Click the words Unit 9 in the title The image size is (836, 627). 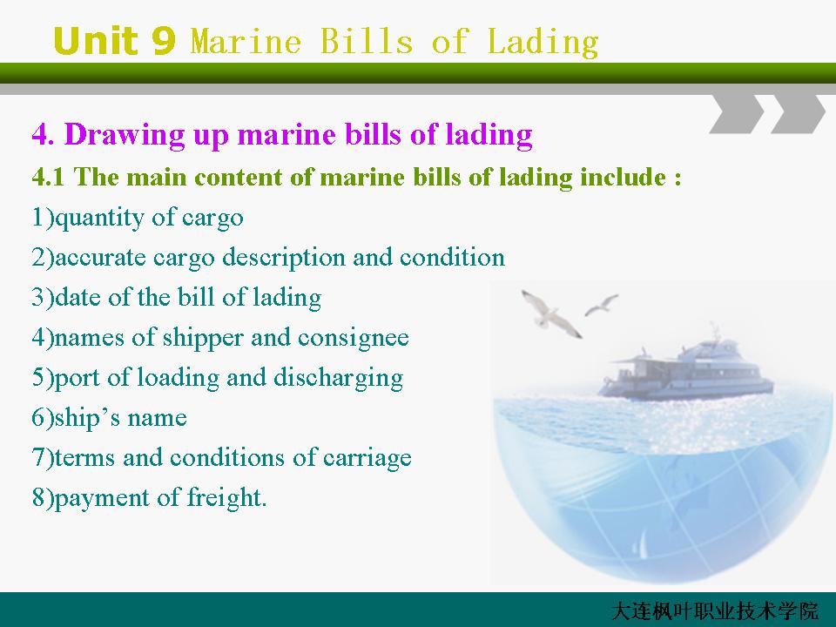point(114,41)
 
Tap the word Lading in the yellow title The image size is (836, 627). point(543,43)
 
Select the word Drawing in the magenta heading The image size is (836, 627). point(125,135)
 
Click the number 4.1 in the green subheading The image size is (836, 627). point(48,177)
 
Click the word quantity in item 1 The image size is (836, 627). point(99,218)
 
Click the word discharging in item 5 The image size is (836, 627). point(338,378)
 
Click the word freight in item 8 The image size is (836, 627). point(226,498)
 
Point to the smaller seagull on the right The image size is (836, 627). point(602,305)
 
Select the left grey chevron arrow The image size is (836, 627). point(737,113)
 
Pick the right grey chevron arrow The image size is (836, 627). point(799,113)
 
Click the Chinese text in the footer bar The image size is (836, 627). point(714,611)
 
